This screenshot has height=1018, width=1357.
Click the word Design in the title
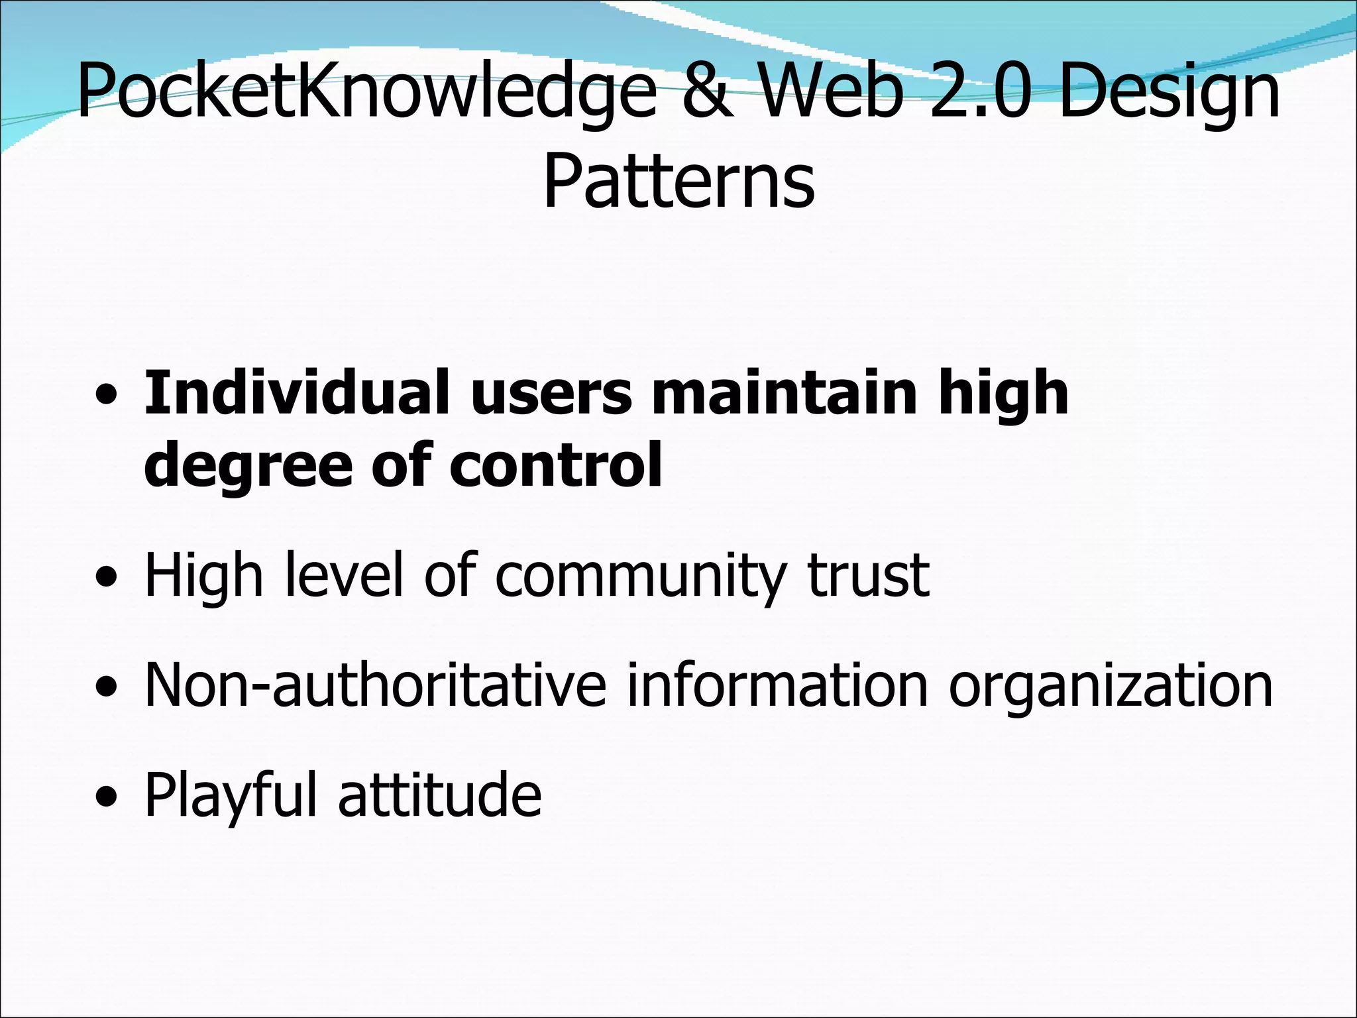[1169, 93]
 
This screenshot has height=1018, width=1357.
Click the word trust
[869, 575]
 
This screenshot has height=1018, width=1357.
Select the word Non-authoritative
[375, 685]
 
